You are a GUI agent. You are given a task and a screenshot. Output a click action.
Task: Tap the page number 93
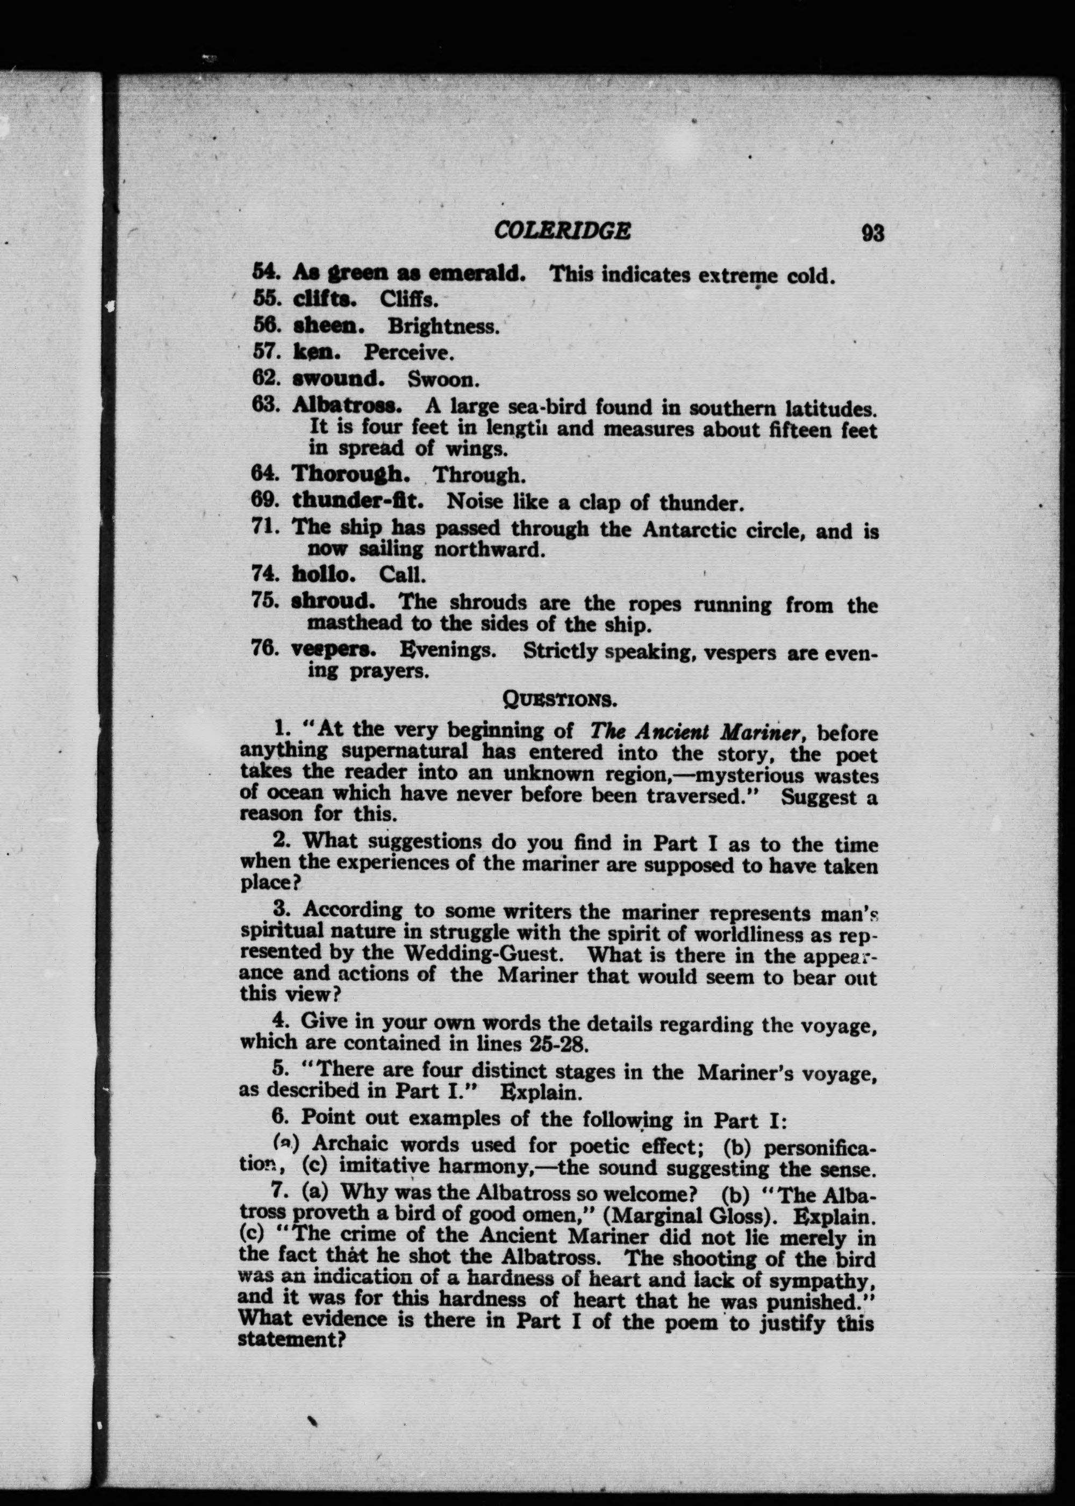point(872,233)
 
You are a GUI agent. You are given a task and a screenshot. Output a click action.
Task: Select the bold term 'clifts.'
point(324,299)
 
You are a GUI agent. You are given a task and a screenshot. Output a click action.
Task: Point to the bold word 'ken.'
point(317,352)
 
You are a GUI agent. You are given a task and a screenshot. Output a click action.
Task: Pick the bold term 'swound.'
point(338,379)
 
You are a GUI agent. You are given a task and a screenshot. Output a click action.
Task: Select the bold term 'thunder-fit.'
point(358,501)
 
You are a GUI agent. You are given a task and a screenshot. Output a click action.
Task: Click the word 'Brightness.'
point(443,326)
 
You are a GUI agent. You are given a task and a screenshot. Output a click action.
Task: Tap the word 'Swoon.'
point(443,380)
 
